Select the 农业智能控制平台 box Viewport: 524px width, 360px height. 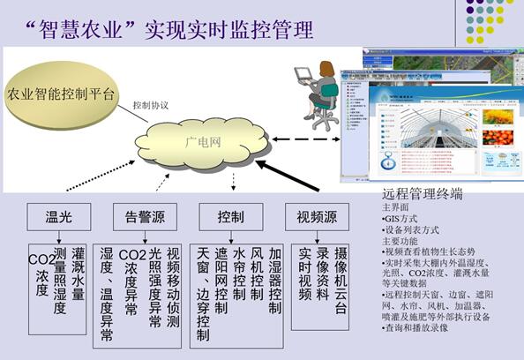60,94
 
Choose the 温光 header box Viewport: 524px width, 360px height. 58,215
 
